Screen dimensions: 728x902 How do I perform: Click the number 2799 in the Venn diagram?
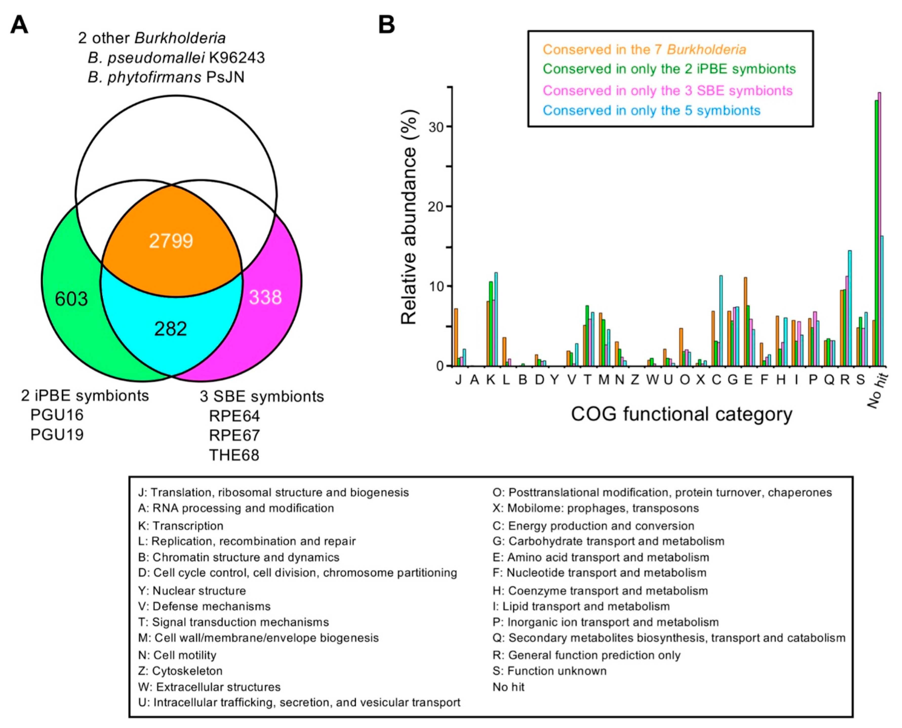coord(171,241)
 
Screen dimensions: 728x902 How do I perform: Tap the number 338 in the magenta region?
coord(265,297)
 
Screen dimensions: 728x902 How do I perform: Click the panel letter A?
coord(19,25)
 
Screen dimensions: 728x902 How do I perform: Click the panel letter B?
coord(387,25)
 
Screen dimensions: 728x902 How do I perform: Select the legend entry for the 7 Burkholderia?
coord(644,49)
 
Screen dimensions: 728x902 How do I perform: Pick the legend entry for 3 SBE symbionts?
coord(667,91)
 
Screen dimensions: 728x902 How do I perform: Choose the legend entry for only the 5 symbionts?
coord(651,110)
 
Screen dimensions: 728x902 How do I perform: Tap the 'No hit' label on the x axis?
coord(878,390)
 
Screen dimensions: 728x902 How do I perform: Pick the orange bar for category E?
coord(745,321)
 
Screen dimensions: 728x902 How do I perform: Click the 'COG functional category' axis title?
coord(681,414)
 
